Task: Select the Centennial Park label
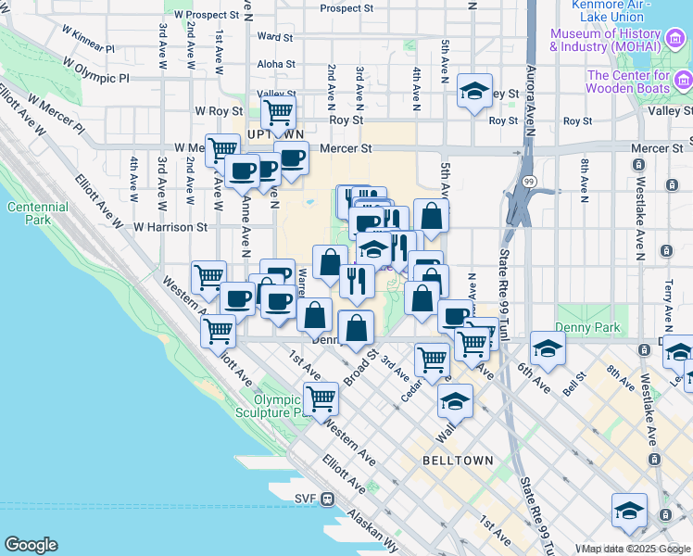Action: (x=31, y=213)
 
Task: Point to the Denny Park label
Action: (x=579, y=327)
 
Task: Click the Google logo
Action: (x=31, y=545)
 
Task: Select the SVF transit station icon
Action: (x=328, y=499)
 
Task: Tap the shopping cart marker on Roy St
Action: (x=278, y=114)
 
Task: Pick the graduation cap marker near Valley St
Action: (x=474, y=91)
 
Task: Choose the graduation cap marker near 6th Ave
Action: (x=548, y=348)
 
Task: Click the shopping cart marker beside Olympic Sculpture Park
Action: (x=321, y=398)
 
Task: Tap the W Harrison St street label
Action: (x=170, y=226)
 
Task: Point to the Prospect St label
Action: (x=346, y=8)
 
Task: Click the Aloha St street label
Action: (x=275, y=65)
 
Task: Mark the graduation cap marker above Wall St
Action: (x=455, y=400)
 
